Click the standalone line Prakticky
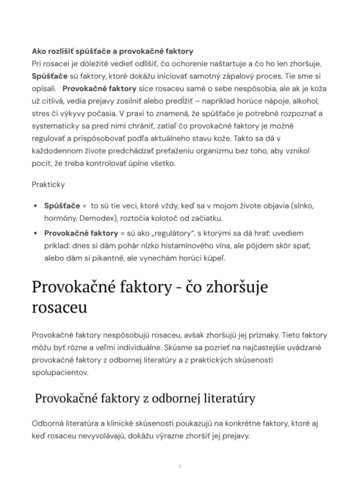tap(49, 184)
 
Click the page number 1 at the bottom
tap(180, 466)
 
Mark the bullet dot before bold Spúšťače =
tap(36, 206)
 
